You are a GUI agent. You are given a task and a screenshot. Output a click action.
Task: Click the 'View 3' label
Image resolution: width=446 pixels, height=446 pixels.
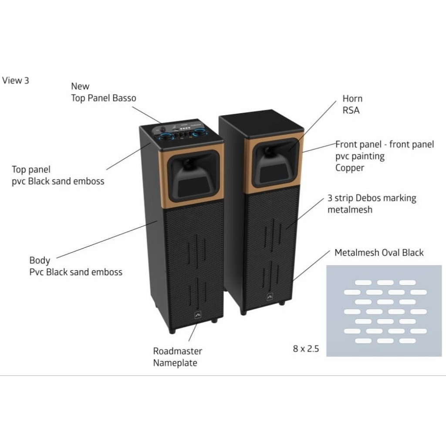point(16,80)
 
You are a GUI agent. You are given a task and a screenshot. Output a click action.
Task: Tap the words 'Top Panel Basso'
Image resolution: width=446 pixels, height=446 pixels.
point(104,98)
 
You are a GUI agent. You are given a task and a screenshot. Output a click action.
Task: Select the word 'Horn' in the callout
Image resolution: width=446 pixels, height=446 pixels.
point(352,99)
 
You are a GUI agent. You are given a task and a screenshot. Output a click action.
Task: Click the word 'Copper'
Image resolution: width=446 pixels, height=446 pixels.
point(349,168)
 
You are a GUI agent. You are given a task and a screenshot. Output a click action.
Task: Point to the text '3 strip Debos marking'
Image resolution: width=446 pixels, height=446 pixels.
point(372,198)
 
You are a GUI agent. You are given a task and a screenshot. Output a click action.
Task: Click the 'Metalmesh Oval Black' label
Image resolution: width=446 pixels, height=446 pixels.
point(379,253)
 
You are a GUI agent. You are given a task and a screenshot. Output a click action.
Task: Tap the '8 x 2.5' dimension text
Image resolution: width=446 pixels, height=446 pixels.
point(306,348)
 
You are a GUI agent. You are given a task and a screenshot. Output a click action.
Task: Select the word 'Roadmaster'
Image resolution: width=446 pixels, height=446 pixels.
point(177,351)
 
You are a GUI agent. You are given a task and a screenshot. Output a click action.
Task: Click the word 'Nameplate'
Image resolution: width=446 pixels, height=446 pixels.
point(175,363)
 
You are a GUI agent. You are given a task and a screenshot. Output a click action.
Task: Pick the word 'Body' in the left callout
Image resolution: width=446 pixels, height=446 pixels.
point(40,260)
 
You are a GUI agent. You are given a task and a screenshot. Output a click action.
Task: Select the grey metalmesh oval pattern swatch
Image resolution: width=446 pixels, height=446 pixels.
point(384,311)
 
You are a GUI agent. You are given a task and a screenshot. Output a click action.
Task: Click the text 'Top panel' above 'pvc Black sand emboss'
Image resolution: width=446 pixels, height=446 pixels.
point(31,169)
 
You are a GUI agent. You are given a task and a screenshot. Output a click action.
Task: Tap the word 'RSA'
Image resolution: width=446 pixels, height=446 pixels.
point(351,111)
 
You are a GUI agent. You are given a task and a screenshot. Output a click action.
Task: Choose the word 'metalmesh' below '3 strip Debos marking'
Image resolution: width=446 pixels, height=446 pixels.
point(350,209)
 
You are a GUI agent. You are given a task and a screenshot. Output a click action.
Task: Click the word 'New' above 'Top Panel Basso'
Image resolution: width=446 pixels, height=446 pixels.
point(80,86)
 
